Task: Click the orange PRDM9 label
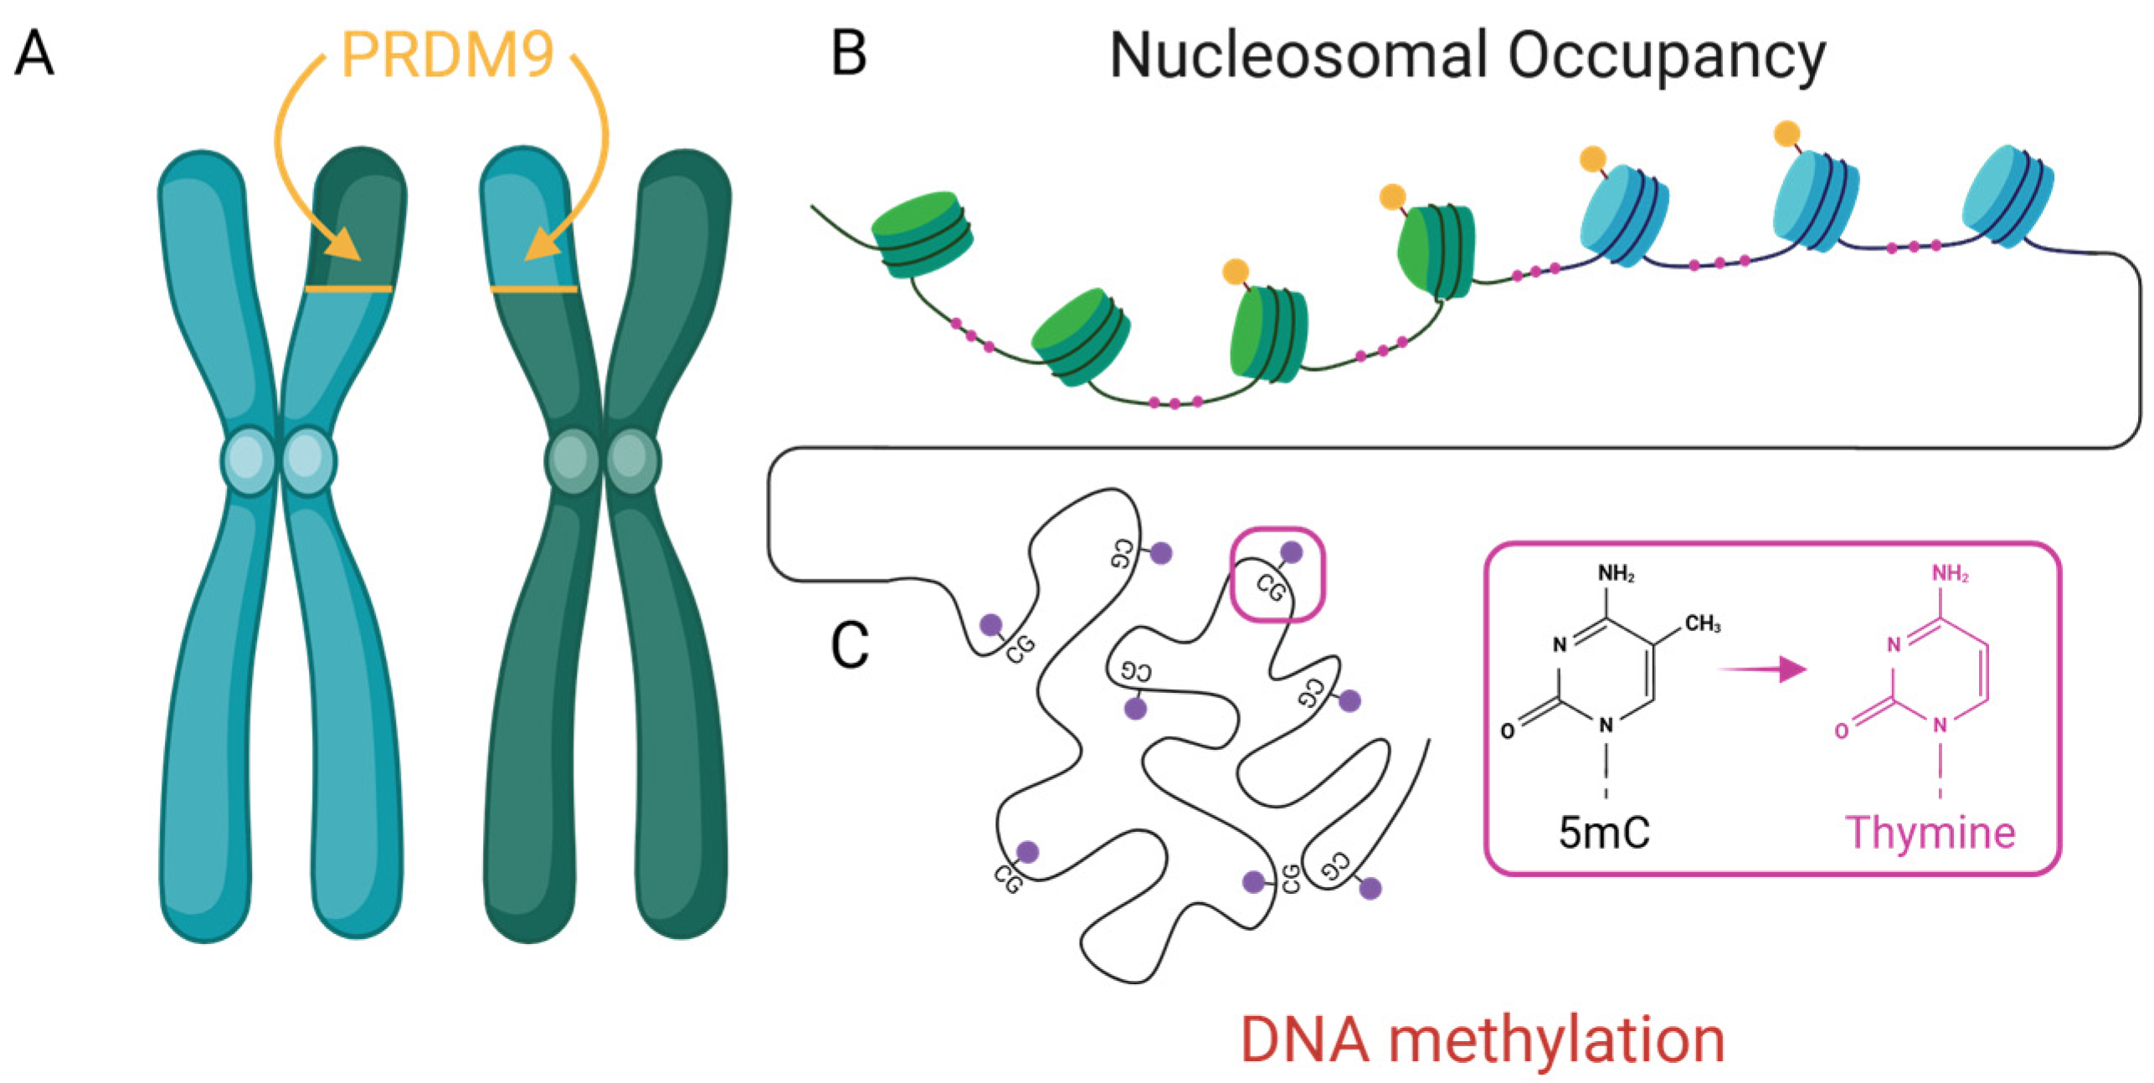447,55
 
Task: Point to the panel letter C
849,645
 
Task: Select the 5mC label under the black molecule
1603,832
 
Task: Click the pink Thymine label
1930,832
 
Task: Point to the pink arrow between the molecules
1762,670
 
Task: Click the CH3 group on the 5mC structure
1702,623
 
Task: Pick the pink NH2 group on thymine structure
1949,573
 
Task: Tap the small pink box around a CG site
1277,574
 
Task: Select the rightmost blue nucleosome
2007,196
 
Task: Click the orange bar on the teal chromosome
348,289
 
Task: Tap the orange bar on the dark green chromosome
533,289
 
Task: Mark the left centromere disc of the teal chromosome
248,460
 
